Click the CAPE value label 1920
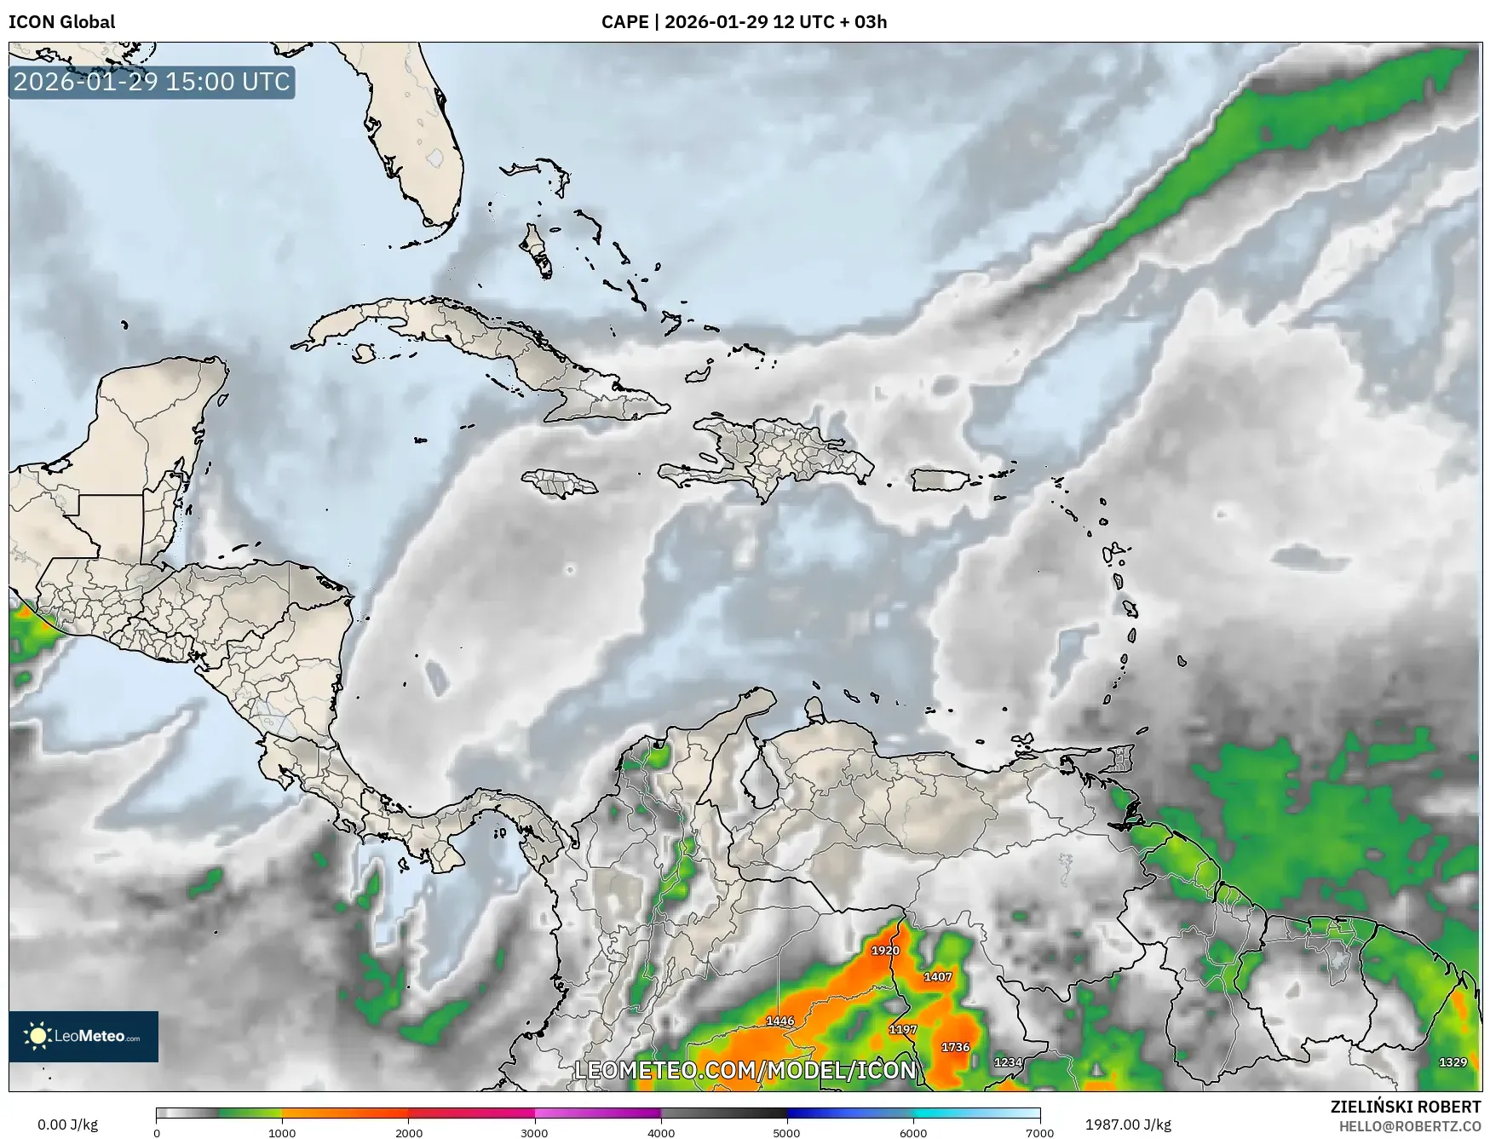point(885,950)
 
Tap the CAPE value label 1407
point(938,976)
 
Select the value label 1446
point(780,1021)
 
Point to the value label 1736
point(955,1047)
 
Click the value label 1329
point(1453,1061)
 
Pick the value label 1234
point(1008,1062)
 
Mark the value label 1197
point(903,1029)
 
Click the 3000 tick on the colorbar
point(534,1133)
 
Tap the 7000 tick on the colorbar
point(1040,1133)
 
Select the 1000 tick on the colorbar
point(282,1133)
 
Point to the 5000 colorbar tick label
point(786,1133)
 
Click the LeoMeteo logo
point(83,1036)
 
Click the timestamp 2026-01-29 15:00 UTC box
point(152,82)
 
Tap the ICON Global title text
point(61,22)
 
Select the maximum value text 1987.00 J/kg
point(1128,1125)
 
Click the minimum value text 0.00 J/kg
point(67,1125)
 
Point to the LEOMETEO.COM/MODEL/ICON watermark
point(745,1070)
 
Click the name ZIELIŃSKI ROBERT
point(1406,1107)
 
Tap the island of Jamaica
point(560,483)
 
